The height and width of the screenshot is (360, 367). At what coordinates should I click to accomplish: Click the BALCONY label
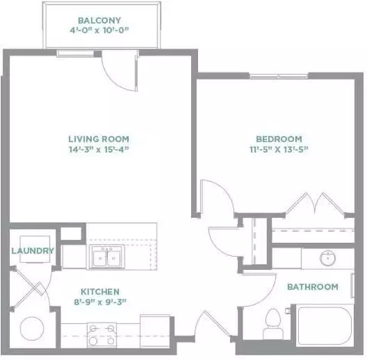(x=99, y=21)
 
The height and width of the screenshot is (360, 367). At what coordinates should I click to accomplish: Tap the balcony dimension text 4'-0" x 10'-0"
(x=99, y=31)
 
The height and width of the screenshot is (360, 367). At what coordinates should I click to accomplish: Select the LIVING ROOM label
(x=99, y=139)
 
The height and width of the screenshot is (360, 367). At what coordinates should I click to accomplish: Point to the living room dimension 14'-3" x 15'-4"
(x=99, y=149)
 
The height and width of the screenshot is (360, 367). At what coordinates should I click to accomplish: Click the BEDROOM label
(x=279, y=139)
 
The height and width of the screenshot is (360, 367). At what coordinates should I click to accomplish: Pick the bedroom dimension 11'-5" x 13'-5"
(x=279, y=149)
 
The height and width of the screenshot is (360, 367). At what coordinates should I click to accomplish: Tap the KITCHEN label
(x=100, y=292)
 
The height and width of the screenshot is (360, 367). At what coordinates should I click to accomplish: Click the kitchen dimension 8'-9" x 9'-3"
(x=100, y=302)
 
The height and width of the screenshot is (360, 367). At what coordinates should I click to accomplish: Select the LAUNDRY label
(x=33, y=251)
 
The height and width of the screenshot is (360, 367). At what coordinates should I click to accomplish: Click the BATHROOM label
(x=313, y=287)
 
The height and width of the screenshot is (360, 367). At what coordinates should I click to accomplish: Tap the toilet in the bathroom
(x=273, y=324)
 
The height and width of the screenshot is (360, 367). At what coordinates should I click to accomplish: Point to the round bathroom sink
(x=327, y=258)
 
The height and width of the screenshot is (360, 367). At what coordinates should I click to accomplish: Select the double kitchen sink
(x=107, y=257)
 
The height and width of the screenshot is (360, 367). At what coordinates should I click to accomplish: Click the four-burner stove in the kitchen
(x=102, y=335)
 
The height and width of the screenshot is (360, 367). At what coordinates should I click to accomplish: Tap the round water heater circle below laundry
(x=32, y=329)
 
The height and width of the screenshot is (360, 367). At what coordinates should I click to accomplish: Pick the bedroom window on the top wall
(x=279, y=76)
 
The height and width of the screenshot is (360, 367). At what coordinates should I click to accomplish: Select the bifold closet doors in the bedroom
(x=316, y=204)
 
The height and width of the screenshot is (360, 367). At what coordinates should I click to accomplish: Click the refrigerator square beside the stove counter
(x=155, y=331)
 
